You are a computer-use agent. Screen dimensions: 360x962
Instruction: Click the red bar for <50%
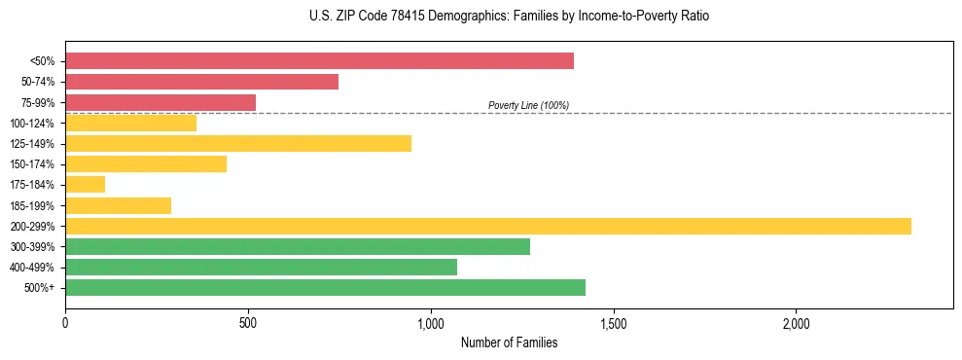(x=319, y=61)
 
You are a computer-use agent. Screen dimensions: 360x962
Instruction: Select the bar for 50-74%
(x=201, y=82)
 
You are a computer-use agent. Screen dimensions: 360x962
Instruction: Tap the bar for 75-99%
(x=160, y=102)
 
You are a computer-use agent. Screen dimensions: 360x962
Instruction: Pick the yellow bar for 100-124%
(x=130, y=124)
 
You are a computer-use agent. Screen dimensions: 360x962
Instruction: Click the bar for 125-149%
(x=238, y=144)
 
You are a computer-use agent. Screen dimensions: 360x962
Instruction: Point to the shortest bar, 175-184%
(x=85, y=185)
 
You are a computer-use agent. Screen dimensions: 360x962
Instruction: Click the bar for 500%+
(x=325, y=287)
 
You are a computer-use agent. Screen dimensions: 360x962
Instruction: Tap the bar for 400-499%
(x=261, y=267)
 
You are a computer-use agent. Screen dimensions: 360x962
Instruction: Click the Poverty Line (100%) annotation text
(x=528, y=105)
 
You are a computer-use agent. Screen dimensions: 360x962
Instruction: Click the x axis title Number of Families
(x=509, y=342)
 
